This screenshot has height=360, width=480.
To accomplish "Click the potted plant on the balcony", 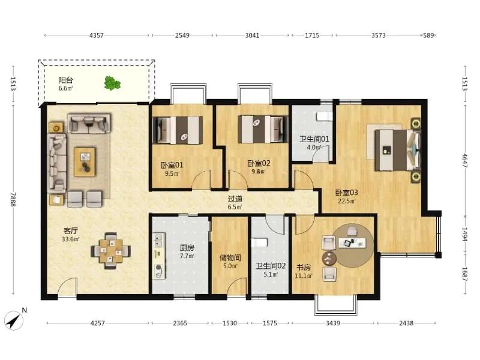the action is pos(112,83).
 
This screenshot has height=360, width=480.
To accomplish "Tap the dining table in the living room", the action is pos(110,251).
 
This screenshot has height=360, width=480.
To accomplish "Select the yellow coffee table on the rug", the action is pos(85,161).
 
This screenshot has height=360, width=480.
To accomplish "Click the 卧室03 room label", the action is pos(347,193).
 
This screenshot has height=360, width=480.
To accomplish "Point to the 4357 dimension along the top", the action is pos(97,35).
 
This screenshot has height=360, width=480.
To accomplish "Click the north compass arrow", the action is pos(14,320).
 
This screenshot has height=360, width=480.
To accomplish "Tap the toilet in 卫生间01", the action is pos(324,116).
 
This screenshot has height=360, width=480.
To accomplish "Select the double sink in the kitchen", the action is pos(159,240).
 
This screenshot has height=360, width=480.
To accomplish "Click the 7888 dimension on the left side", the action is pos(13,199).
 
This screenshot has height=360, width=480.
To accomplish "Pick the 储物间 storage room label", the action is pos(230,258).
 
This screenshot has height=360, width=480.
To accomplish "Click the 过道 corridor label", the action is pos(235,199).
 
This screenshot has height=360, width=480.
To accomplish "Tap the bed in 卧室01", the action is pos(178,130).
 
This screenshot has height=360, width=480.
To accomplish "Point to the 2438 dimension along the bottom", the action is pos(406,323).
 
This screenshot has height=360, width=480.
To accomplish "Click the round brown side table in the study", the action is pos(329,259).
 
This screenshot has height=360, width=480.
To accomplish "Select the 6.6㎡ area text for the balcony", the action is pos(66,88).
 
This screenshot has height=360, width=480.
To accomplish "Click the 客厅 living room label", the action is pos(70,231).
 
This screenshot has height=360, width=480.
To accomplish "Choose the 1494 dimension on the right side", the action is pos(464,234).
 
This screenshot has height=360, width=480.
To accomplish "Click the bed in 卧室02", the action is pos(263,129).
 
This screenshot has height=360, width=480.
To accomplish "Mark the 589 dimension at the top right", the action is pos(428,35).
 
